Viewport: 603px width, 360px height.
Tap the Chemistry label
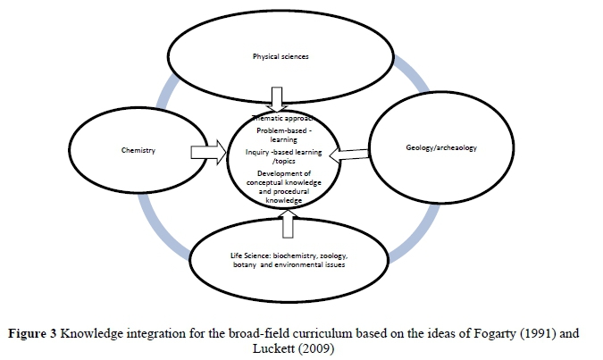click(x=138, y=150)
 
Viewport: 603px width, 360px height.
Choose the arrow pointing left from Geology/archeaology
click(x=348, y=155)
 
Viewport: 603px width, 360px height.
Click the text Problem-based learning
click(x=282, y=136)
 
